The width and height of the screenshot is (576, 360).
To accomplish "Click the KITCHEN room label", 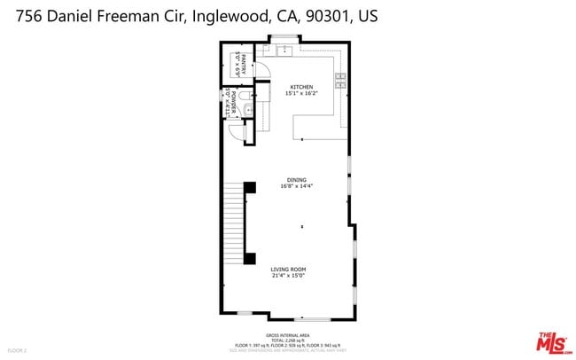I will [296, 87].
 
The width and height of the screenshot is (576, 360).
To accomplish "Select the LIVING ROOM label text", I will [288, 269].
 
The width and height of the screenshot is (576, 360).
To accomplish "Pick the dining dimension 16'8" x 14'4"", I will [296, 186].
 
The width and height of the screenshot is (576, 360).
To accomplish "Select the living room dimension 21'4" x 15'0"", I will [288, 275].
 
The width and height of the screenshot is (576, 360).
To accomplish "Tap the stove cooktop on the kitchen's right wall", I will [340, 81].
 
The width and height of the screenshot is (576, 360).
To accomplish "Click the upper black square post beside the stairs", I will [250, 187].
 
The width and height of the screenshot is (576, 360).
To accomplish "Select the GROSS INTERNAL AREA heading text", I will [287, 335].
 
